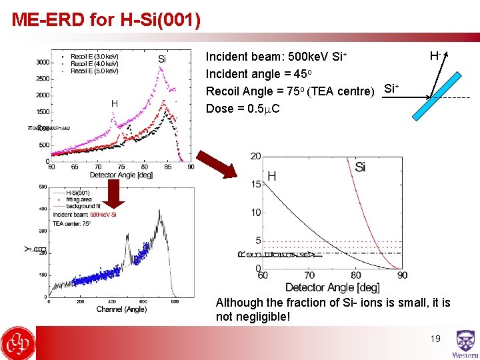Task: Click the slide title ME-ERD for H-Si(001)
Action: [x=106, y=19]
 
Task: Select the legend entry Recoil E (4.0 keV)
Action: [x=94, y=63]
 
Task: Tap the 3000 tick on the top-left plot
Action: [x=41, y=62]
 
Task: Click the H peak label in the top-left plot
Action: [x=114, y=103]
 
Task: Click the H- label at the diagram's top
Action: [x=435, y=55]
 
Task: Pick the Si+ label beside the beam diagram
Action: [x=392, y=88]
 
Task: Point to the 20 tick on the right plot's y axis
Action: [x=256, y=156]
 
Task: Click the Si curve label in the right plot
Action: [x=360, y=167]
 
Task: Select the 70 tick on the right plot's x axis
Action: [x=309, y=275]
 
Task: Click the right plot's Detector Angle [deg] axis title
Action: [x=332, y=287]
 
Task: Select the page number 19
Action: [x=435, y=339]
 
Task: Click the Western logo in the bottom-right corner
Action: [x=465, y=344]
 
